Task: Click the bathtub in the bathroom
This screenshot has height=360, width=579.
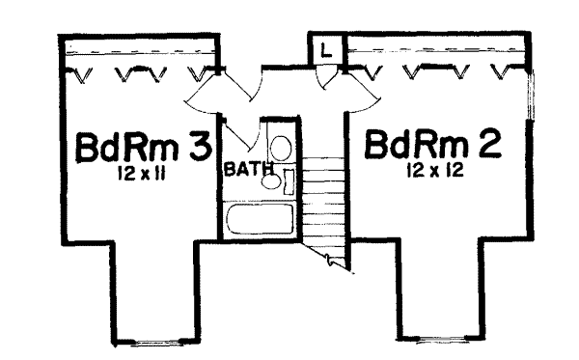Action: (x=259, y=220)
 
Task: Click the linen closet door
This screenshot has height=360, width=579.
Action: (x=328, y=76)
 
